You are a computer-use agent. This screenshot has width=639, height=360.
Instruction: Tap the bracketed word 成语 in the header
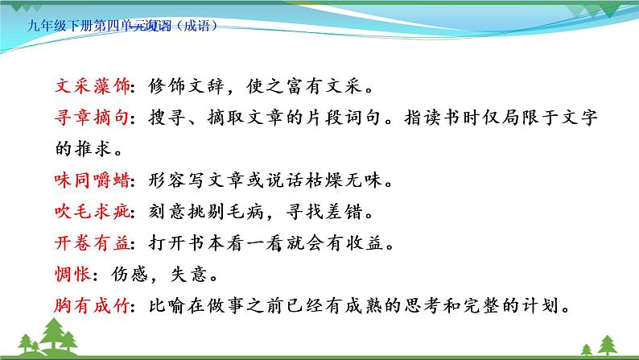201,23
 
